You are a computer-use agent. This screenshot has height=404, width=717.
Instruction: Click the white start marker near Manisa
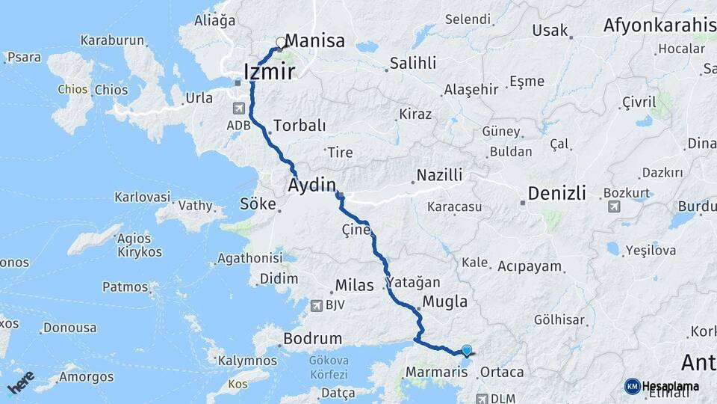pyautogui.click(x=281, y=43)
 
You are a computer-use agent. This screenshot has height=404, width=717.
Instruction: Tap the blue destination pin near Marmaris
pyautogui.click(x=467, y=350)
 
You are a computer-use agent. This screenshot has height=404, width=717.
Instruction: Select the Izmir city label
pyautogui.click(x=270, y=72)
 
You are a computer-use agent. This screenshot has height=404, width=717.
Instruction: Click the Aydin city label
pyautogui.click(x=312, y=184)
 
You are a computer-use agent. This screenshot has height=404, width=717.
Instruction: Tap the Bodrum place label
pyautogui.click(x=313, y=339)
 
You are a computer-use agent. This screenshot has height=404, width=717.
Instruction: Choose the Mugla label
pyautogui.click(x=445, y=302)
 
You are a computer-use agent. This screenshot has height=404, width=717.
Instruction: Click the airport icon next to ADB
pyautogui.click(x=238, y=108)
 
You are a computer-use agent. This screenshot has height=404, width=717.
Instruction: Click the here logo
pyautogui.click(x=21, y=382)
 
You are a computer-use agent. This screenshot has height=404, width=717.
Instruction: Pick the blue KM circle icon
pyautogui.click(x=632, y=386)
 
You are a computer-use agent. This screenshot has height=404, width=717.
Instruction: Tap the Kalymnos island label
pyautogui.click(x=247, y=361)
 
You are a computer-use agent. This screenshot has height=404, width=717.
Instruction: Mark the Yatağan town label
pyautogui.click(x=414, y=283)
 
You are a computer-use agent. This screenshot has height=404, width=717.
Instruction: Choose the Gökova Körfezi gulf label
pyautogui.click(x=329, y=367)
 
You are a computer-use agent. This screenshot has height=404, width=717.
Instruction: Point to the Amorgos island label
pyautogui.click(x=89, y=376)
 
